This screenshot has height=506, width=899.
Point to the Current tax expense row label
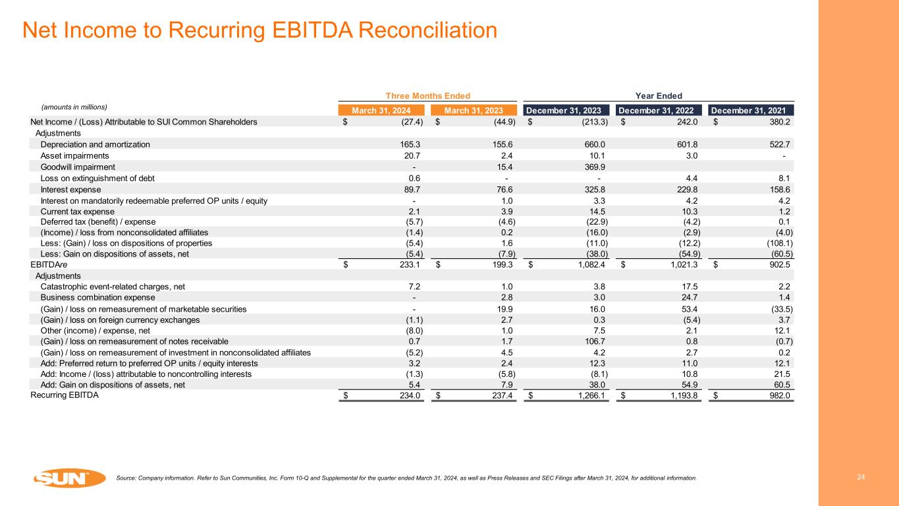point(78,211)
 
